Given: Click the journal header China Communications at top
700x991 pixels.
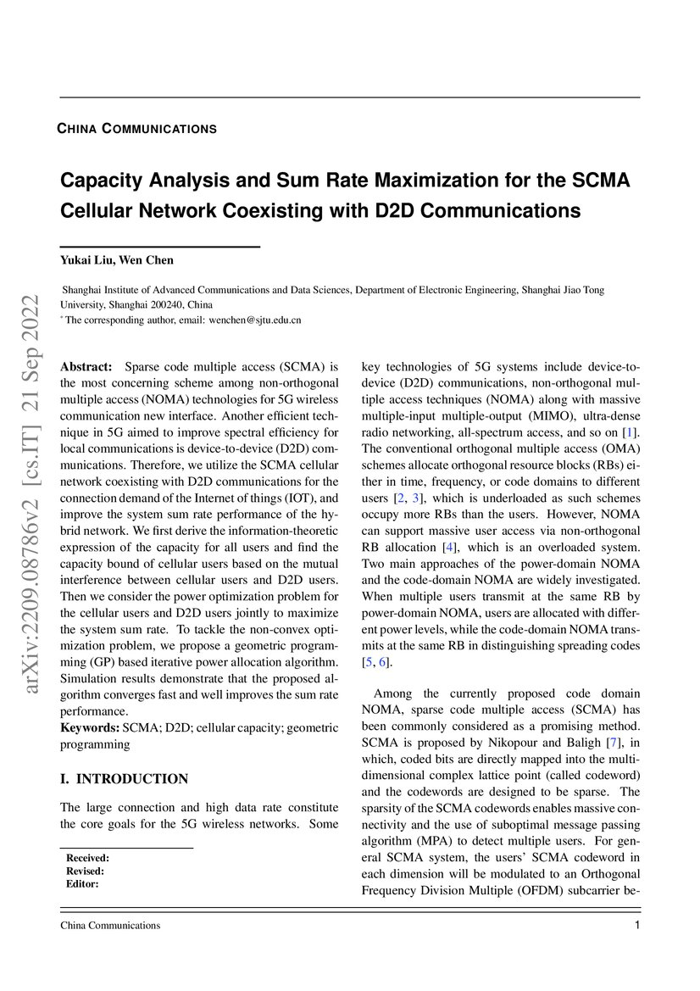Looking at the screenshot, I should (x=136, y=129).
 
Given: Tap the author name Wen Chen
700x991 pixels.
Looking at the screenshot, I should (x=150, y=260).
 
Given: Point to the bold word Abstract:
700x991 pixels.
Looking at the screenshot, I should (x=86, y=366).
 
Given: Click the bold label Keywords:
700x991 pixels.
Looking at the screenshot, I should (x=90, y=727).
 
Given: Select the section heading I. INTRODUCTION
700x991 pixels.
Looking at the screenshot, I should (x=124, y=778).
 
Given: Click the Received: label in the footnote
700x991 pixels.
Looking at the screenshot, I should (x=87, y=858).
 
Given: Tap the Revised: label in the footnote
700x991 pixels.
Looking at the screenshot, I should (x=85, y=871).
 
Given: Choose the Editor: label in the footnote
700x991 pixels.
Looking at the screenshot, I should (x=82, y=883).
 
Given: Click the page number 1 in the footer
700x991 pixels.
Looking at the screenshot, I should (x=636, y=925).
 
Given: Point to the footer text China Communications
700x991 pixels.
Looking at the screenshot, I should (x=110, y=925).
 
